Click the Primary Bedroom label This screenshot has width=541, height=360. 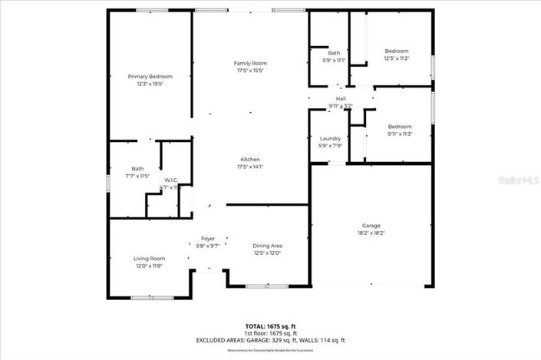150,77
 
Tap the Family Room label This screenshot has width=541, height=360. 249,63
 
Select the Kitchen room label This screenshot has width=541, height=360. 250,159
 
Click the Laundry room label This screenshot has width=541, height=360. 330,138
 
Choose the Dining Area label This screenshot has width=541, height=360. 267,246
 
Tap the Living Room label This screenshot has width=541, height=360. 149,259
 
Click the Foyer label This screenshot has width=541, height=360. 208,239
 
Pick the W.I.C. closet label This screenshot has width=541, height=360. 171,180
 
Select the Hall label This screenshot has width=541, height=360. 341,99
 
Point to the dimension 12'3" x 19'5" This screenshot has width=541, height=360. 150,84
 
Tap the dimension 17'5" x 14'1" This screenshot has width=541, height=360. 250,166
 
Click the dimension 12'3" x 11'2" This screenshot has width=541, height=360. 397,58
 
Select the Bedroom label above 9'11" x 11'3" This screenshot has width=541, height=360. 399,127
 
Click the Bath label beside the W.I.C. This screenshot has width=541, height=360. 137,169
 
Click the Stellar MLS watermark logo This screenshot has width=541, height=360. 517,182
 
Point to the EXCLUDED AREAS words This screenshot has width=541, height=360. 222,340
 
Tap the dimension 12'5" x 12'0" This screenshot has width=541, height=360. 267,253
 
